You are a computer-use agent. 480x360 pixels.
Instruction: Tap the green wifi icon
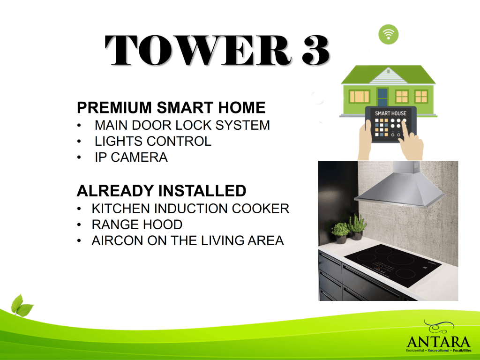(x=389, y=34)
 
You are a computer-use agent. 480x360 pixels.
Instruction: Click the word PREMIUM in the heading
(x=114, y=107)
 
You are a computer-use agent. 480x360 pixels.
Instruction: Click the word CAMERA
(x=139, y=157)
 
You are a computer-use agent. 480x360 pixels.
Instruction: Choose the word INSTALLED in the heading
(x=202, y=191)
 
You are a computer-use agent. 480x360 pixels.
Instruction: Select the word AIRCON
(x=117, y=240)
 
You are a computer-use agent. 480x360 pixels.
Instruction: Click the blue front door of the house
(x=382, y=97)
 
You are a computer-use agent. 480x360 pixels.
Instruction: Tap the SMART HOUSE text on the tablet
(x=390, y=113)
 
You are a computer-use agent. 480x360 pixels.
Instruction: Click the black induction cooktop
(x=392, y=265)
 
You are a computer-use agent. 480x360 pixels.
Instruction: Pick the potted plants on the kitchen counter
(x=349, y=229)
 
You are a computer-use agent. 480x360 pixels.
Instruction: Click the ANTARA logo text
(x=438, y=342)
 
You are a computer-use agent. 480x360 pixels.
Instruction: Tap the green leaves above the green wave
(x=22, y=305)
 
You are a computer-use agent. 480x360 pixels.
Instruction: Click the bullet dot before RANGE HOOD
(x=79, y=225)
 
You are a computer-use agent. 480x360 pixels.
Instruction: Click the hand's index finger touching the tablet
(x=407, y=128)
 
